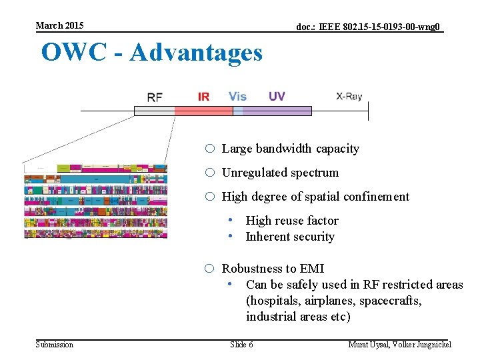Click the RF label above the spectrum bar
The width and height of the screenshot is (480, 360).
tap(155, 97)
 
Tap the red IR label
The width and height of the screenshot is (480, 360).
tap(203, 97)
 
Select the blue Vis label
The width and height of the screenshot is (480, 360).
tap(237, 97)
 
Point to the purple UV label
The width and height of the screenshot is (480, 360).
tap(277, 97)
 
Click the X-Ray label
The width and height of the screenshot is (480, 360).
tap(349, 97)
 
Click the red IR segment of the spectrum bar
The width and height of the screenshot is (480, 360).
tap(203, 111)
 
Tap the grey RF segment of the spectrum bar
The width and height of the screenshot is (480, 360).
tap(154, 111)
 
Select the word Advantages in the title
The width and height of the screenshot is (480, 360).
tap(196, 52)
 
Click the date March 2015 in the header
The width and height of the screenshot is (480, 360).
tap(60, 25)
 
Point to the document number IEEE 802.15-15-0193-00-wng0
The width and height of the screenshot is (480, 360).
tap(369, 27)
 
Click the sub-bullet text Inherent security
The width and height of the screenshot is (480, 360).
tap(290, 237)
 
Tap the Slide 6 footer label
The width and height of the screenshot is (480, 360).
tap(241, 345)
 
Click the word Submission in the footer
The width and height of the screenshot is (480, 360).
tap(55, 345)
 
